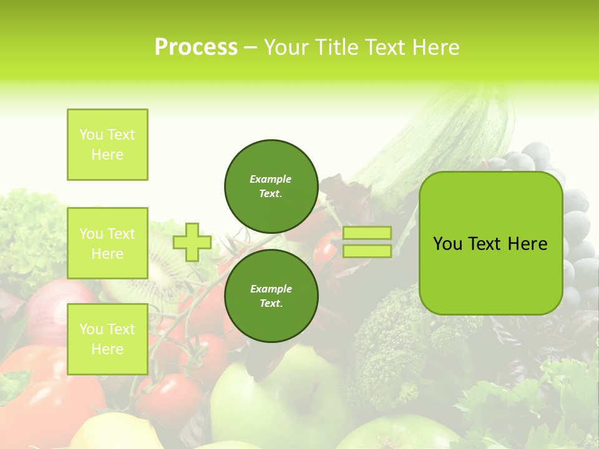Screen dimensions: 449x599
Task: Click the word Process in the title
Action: click(196, 47)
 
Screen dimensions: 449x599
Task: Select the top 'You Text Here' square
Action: click(107, 145)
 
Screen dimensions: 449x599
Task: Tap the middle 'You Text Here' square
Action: click(107, 243)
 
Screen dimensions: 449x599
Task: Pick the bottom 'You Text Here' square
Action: click(107, 339)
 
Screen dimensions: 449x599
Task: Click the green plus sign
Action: click(192, 242)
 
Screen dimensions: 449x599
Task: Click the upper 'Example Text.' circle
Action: click(271, 186)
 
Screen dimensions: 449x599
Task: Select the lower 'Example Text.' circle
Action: click(271, 296)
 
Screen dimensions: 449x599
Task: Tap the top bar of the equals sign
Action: click(367, 233)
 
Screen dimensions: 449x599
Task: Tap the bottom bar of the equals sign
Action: click(367, 251)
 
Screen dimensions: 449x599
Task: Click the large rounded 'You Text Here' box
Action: click(490, 243)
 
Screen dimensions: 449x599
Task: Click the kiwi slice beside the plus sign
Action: click(156, 274)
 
